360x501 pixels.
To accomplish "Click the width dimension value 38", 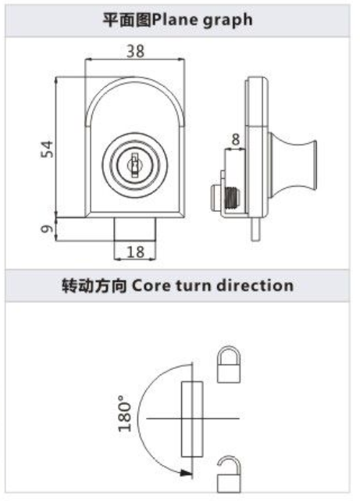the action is pos(136,51).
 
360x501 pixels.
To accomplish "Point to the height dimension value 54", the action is pos(47,149).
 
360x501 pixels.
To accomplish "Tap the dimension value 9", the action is pos(47,228).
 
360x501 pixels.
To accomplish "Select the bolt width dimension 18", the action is pos(136,252).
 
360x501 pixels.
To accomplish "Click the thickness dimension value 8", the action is pos(236,140).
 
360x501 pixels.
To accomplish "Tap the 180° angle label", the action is pos(124,413).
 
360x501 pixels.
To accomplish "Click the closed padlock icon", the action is pos(229,364).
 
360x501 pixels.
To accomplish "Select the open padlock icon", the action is pos(229,474).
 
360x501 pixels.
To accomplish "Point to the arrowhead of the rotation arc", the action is pos(186,473).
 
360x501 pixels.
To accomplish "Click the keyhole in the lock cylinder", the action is pos(134,165).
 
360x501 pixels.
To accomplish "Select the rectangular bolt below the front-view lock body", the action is pos(135,229).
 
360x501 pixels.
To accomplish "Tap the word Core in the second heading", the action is pos(151,285).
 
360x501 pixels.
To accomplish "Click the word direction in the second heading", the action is pos(255,284).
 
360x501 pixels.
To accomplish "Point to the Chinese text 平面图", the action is pos(127,20).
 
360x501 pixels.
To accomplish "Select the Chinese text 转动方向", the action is pos(94,285).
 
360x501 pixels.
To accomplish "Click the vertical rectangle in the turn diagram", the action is pos(192,419).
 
